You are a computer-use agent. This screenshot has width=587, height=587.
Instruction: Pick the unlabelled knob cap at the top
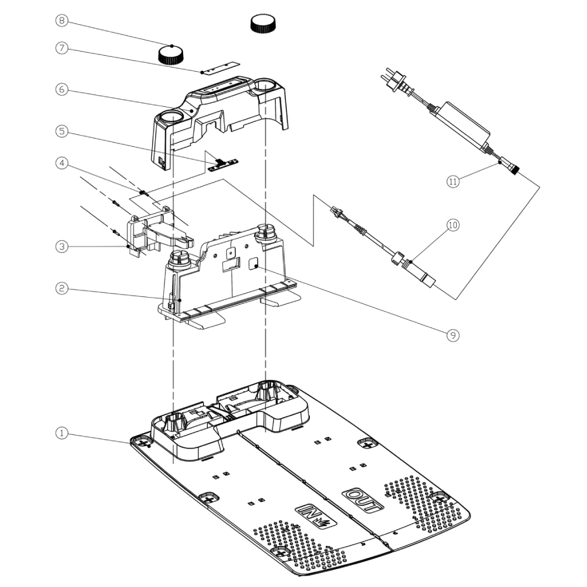click(264, 24)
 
